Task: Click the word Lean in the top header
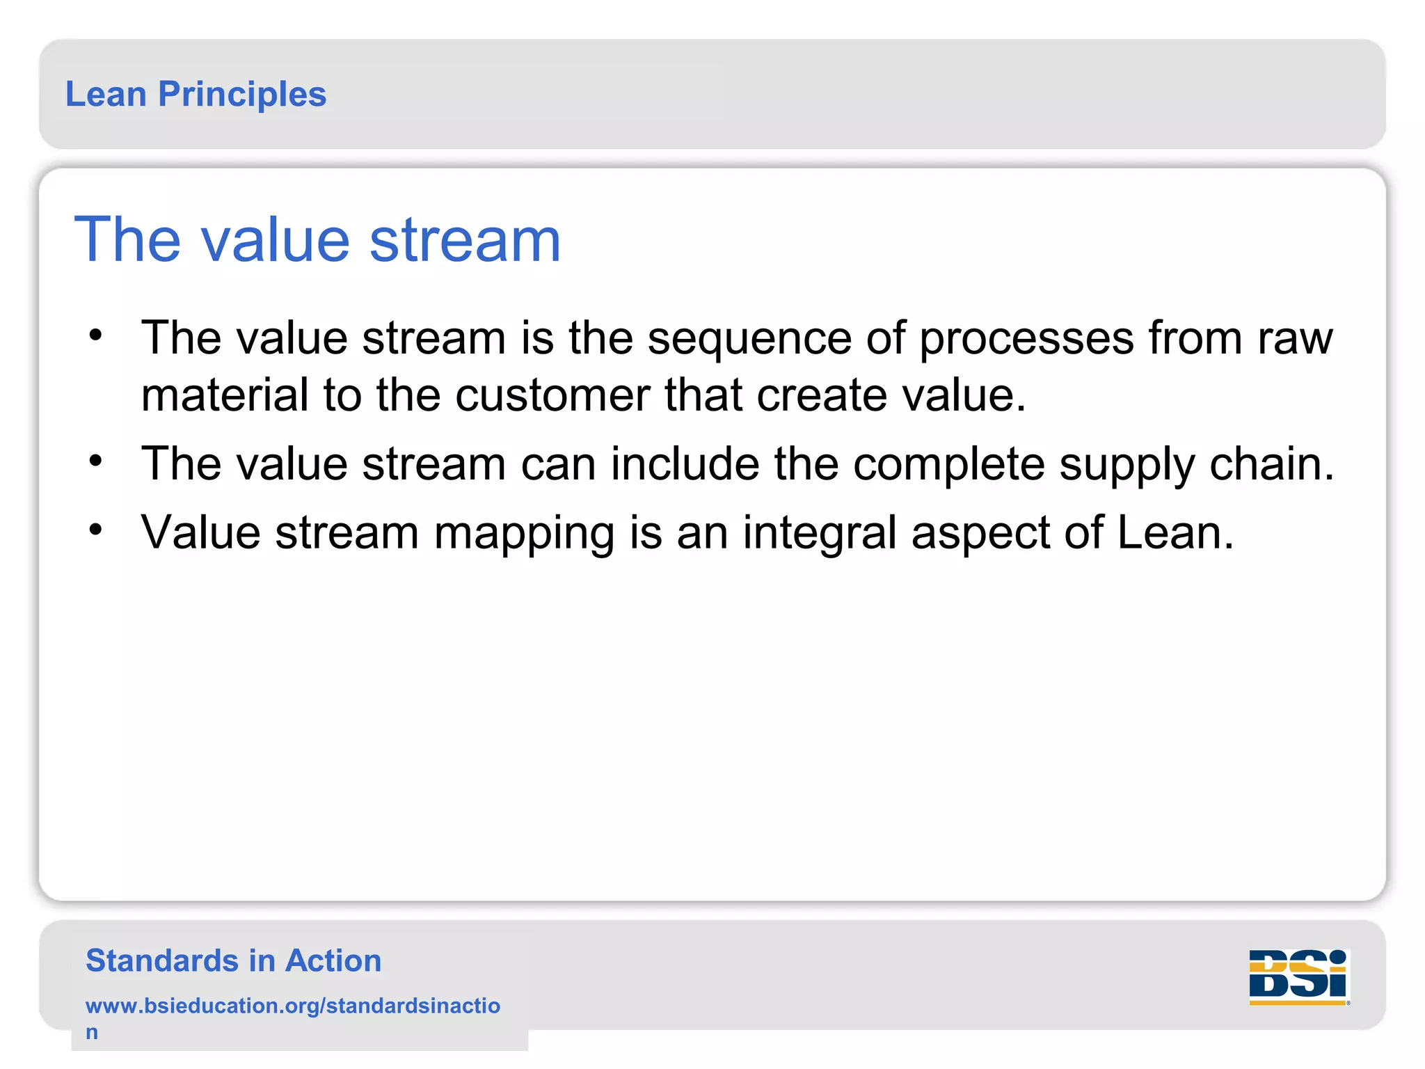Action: tap(106, 94)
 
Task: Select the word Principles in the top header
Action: tap(242, 94)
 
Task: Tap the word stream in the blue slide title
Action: tap(464, 240)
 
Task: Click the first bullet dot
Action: tap(96, 335)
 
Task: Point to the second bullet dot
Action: tap(96, 460)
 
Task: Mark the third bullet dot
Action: tap(96, 530)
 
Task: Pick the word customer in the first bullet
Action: tap(552, 395)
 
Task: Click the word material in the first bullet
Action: tap(225, 395)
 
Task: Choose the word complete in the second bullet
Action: tap(949, 464)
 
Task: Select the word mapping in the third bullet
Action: tap(524, 534)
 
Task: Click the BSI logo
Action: tap(1298, 977)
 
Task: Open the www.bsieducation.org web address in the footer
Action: tap(292, 1006)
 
